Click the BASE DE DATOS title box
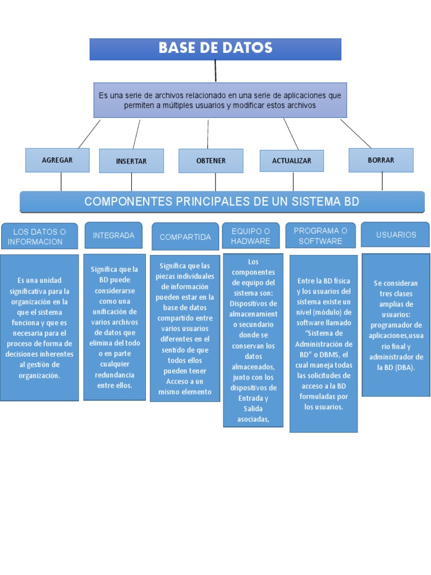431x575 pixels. pyautogui.click(x=215, y=49)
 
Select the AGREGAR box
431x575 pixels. pyautogui.click(x=57, y=160)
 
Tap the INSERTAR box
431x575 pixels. pyautogui.click(x=131, y=161)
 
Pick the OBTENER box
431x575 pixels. pyautogui.click(x=211, y=161)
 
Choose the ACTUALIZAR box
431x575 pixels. pyautogui.click(x=291, y=161)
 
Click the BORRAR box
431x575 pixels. pyautogui.click(x=381, y=160)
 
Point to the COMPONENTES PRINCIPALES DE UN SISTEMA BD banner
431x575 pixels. pyautogui.click(x=222, y=202)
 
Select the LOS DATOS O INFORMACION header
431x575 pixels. pyautogui.click(x=39, y=236)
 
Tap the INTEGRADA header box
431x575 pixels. pyautogui.click(x=113, y=235)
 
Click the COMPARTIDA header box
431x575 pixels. pyautogui.click(x=185, y=237)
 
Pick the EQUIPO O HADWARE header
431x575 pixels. pyautogui.click(x=251, y=236)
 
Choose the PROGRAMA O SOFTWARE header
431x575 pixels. pyautogui.click(x=320, y=236)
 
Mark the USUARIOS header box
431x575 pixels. pyautogui.click(x=396, y=235)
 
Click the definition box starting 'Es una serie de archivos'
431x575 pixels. pyautogui.click(x=220, y=101)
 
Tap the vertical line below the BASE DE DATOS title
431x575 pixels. pyautogui.click(x=215, y=71)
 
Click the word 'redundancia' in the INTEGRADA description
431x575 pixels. pyautogui.click(x=114, y=375)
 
